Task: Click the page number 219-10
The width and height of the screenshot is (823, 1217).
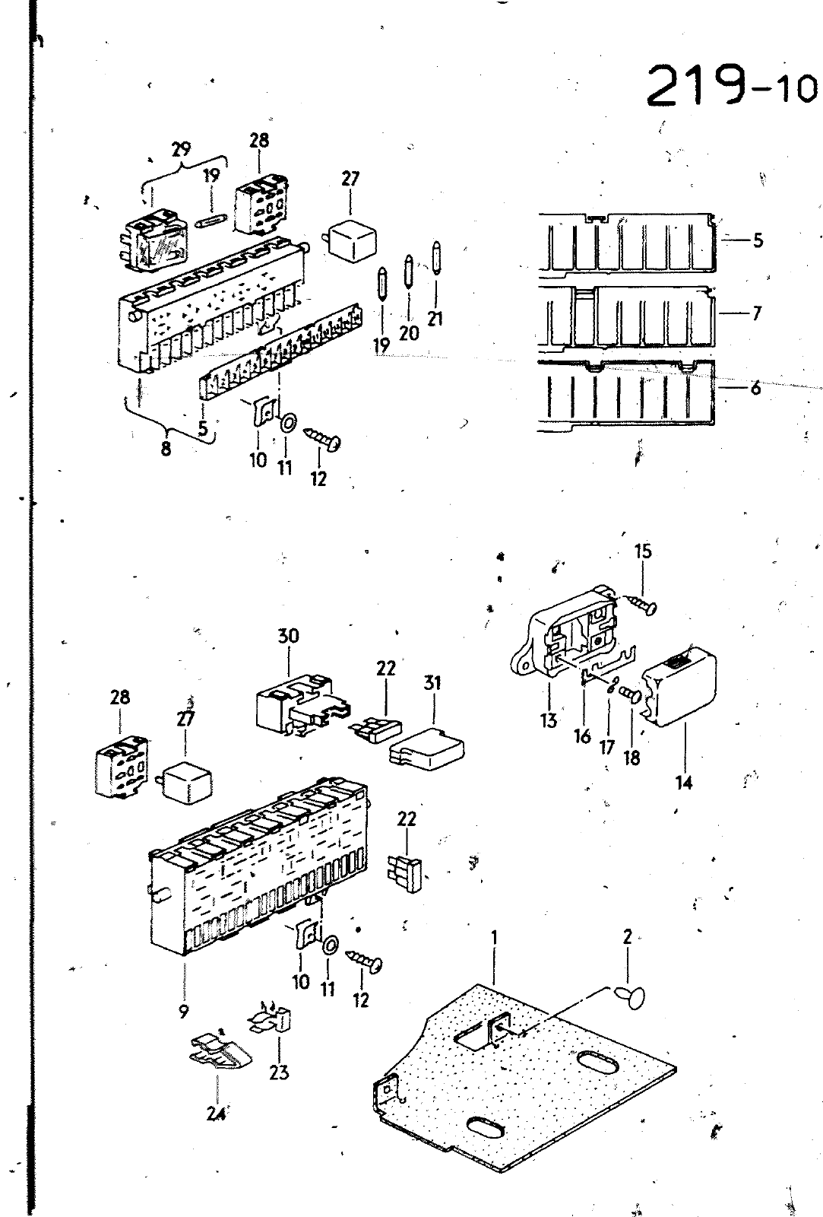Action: (x=731, y=87)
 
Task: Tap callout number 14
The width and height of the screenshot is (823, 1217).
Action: (x=684, y=783)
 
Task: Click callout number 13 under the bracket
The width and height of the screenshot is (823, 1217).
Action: (x=549, y=720)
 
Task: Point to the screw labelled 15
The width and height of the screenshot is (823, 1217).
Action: (x=642, y=604)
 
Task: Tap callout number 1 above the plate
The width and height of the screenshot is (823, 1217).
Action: (x=495, y=938)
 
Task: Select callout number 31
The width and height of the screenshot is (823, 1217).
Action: (x=432, y=683)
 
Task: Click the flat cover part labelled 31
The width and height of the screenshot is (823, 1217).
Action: (x=427, y=748)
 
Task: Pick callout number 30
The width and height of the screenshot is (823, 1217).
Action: (x=288, y=635)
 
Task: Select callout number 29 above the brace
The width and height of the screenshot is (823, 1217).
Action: (x=181, y=148)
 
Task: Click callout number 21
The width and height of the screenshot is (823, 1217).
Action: (x=435, y=319)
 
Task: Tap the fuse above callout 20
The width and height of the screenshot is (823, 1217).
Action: (x=408, y=271)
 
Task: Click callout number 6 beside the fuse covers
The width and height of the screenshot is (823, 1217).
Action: (x=755, y=388)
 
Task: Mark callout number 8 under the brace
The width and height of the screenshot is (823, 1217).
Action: (x=166, y=449)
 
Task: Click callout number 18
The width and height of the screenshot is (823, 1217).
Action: (x=632, y=758)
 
